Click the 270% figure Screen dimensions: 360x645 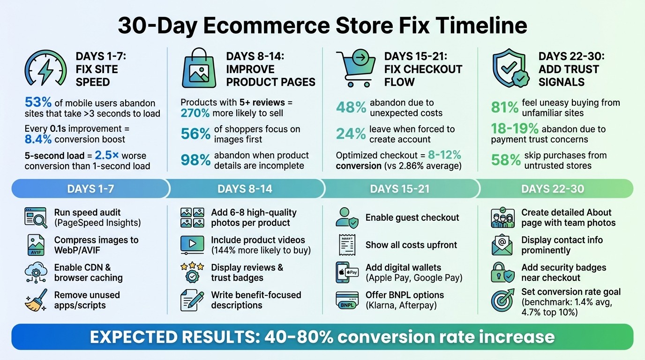pyautogui.click(x=195, y=113)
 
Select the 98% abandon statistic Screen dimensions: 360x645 pyautogui.click(x=195, y=160)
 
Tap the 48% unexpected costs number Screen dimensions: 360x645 pyautogui.click(x=351, y=108)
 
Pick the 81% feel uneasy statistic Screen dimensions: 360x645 pyautogui.click(x=505, y=108)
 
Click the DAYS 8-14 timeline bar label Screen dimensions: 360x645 pyautogui.click(x=245, y=189)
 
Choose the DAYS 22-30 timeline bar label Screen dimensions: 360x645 pyautogui.click(x=553, y=189)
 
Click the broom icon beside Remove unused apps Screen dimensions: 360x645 pyautogui.click(x=36, y=300)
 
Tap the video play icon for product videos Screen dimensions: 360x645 pyautogui.click(x=192, y=245)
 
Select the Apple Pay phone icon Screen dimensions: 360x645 pyautogui.click(x=347, y=272)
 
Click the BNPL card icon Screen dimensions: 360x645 pyautogui.click(x=347, y=300)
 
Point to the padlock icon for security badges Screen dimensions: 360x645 pyautogui.click(x=502, y=272)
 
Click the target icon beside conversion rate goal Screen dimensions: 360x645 pyautogui.click(x=502, y=300)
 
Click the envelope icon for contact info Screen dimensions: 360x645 pyautogui.click(x=502, y=245)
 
